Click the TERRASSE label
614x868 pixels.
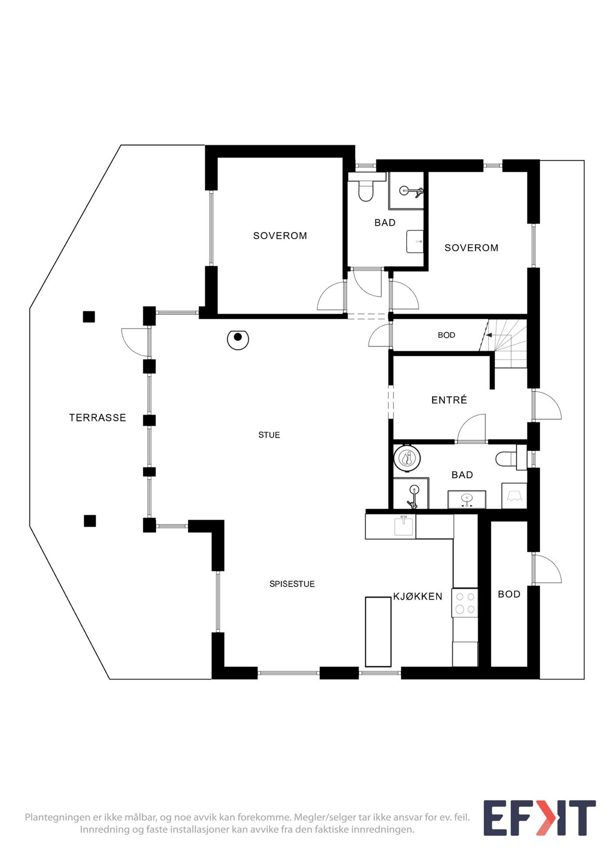tap(97, 418)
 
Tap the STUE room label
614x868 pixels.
tap(269, 435)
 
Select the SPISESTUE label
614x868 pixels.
tap(292, 584)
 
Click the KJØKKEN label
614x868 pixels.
tap(417, 597)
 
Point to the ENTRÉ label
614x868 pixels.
tap(449, 400)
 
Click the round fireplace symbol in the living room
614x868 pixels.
tap(238, 339)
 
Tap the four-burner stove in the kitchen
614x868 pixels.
tap(465, 603)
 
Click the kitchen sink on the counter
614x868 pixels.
tap(404, 526)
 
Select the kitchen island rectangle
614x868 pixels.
tap(378, 631)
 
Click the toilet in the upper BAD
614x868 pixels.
tap(366, 190)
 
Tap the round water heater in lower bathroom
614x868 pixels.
tap(408, 458)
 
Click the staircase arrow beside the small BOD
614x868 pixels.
tap(489, 335)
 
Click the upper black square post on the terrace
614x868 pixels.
tap(89, 317)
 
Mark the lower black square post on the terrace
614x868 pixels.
tap(90, 521)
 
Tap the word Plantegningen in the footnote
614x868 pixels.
tap(58, 817)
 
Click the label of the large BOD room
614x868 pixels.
tap(509, 594)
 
